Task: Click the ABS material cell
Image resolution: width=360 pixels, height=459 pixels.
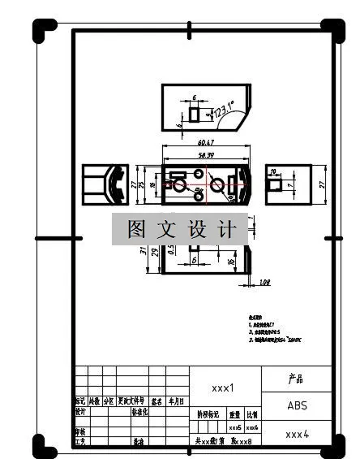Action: click(297, 404)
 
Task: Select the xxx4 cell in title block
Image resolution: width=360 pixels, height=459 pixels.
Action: click(297, 434)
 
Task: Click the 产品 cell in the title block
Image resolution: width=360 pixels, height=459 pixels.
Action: click(297, 379)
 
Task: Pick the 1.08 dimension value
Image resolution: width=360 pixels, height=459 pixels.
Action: click(264, 282)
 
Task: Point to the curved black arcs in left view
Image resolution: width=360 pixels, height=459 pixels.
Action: click(117, 184)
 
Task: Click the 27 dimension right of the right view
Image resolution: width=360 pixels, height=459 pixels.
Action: click(322, 184)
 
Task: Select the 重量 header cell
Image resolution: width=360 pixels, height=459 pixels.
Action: click(234, 414)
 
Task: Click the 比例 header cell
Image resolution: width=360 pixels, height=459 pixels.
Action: click(252, 414)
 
